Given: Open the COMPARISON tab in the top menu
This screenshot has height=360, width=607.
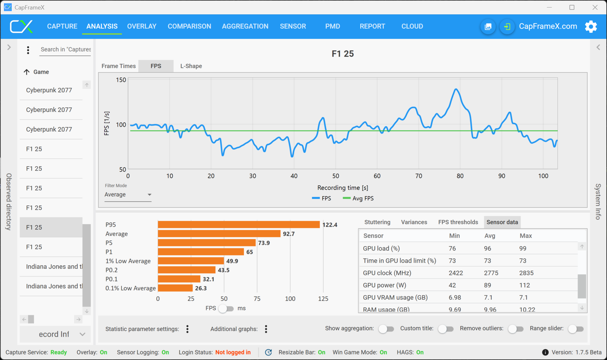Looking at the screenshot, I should pyautogui.click(x=189, y=26).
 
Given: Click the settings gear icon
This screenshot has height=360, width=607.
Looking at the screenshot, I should pyautogui.click(x=591, y=26).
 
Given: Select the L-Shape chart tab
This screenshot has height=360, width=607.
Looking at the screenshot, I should pyautogui.click(x=191, y=66).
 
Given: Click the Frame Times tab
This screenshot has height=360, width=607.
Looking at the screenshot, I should pyautogui.click(x=119, y=66).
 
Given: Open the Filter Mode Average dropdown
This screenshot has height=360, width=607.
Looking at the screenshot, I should pyautogui.click(x=128, y=195).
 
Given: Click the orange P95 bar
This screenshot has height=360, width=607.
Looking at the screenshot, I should pyautogui.click(x=238, y=225).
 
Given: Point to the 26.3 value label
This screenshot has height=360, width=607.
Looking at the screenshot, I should pyautogui.click(x=201, y=288).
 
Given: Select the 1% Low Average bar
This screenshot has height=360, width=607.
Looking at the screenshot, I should pyautogui.click(x=191, y=261).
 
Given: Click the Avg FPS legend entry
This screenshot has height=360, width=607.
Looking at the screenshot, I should pyautogui.click(x=359, y=198).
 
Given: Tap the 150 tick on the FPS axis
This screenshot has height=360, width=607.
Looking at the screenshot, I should pyautogui.click(x=121, y=80).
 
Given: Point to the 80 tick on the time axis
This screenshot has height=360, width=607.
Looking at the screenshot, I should pyautogui.click(x=460, y=176).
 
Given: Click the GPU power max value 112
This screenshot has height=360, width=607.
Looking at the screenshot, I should pyautogui.click(x=524, y=285).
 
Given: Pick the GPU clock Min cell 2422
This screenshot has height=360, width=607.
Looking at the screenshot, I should pyautogui.click(x=455, y=273).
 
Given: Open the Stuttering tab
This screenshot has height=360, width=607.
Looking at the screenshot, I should pyautogui.click(x=377, y=222).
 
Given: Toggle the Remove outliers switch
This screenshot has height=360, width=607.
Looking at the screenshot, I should pyautogui.click(x=516, y=329).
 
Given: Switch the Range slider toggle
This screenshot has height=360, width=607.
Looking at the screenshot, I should pyautogui.click(x=576, y=329).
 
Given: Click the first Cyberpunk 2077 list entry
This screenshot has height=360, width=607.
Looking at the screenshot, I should pyautogui.click(x=49, y=90).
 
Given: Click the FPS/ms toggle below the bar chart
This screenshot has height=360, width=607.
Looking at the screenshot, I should pyautogui.click(x=226, y=309).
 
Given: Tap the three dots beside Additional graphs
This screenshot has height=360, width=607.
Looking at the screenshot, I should pyautogui.click(x=266, y=329).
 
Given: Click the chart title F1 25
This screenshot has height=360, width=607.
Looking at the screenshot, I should pyautogui.click(x=343, y=54).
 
